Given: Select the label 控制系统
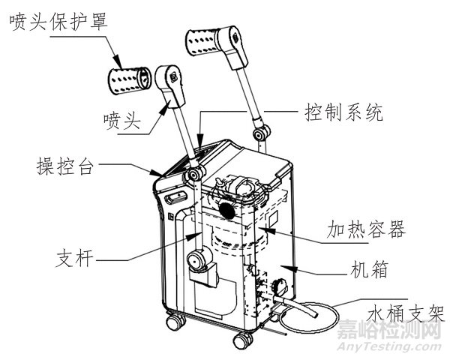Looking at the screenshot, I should click(344, 112).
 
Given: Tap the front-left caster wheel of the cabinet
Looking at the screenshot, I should click(176, 322).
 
